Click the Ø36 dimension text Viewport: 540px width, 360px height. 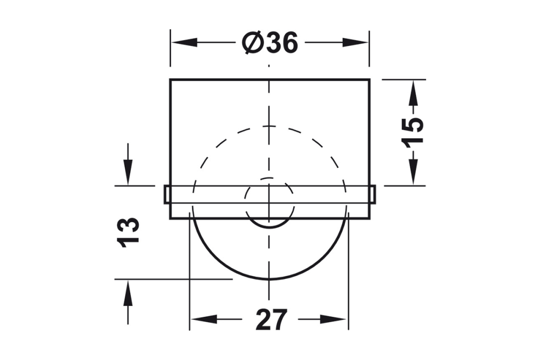tap(270, 43)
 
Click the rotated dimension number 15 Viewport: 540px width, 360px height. tap(413, 132)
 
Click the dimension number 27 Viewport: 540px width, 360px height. tap(270, 320)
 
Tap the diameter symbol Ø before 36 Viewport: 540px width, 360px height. tap(253, 43)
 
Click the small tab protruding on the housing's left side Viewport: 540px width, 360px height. tap(166, 194)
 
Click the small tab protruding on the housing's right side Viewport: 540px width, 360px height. tap(373, 194)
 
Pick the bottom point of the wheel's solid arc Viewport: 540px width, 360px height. tap(269, 279)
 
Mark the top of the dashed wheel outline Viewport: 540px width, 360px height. tap(269, 127)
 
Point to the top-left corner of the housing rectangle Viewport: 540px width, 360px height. tap(170, 79)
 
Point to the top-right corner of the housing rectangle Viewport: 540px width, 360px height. tap(369, 79)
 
